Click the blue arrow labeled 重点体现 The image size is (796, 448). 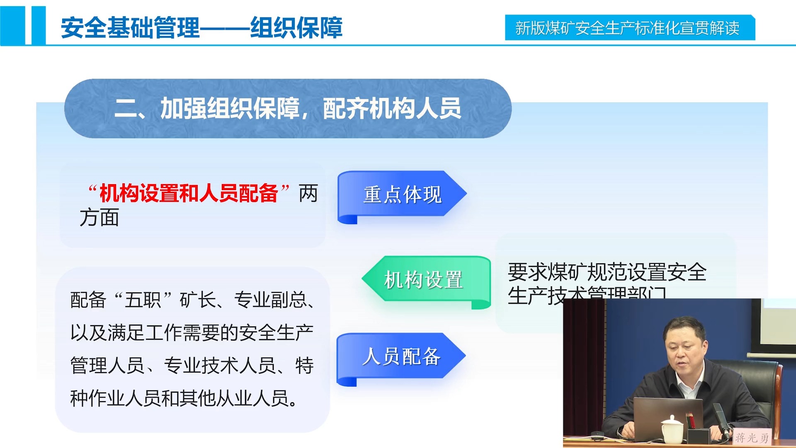tap(401, 194)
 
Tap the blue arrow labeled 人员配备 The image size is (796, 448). tap(400, 356)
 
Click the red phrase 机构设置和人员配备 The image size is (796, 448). tap(189, 193)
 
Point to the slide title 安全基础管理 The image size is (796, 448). tap(130, 28)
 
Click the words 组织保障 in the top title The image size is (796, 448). tap(296, 28)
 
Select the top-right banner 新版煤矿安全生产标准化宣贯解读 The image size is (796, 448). tap(628, 28)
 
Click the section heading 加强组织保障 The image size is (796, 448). tap(230, 109)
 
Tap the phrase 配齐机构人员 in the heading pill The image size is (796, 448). tap(391, 109)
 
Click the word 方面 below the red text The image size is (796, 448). tap(99, 218)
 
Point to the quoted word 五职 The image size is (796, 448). tap(143, 300)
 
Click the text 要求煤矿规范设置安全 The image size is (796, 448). tap(607, 273)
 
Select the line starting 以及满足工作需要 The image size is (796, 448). tap(192, 333)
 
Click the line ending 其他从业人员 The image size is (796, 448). tap(184, 399)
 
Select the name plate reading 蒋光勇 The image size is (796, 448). tap(751, 438)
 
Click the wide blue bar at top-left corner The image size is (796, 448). tap(12, 25)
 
